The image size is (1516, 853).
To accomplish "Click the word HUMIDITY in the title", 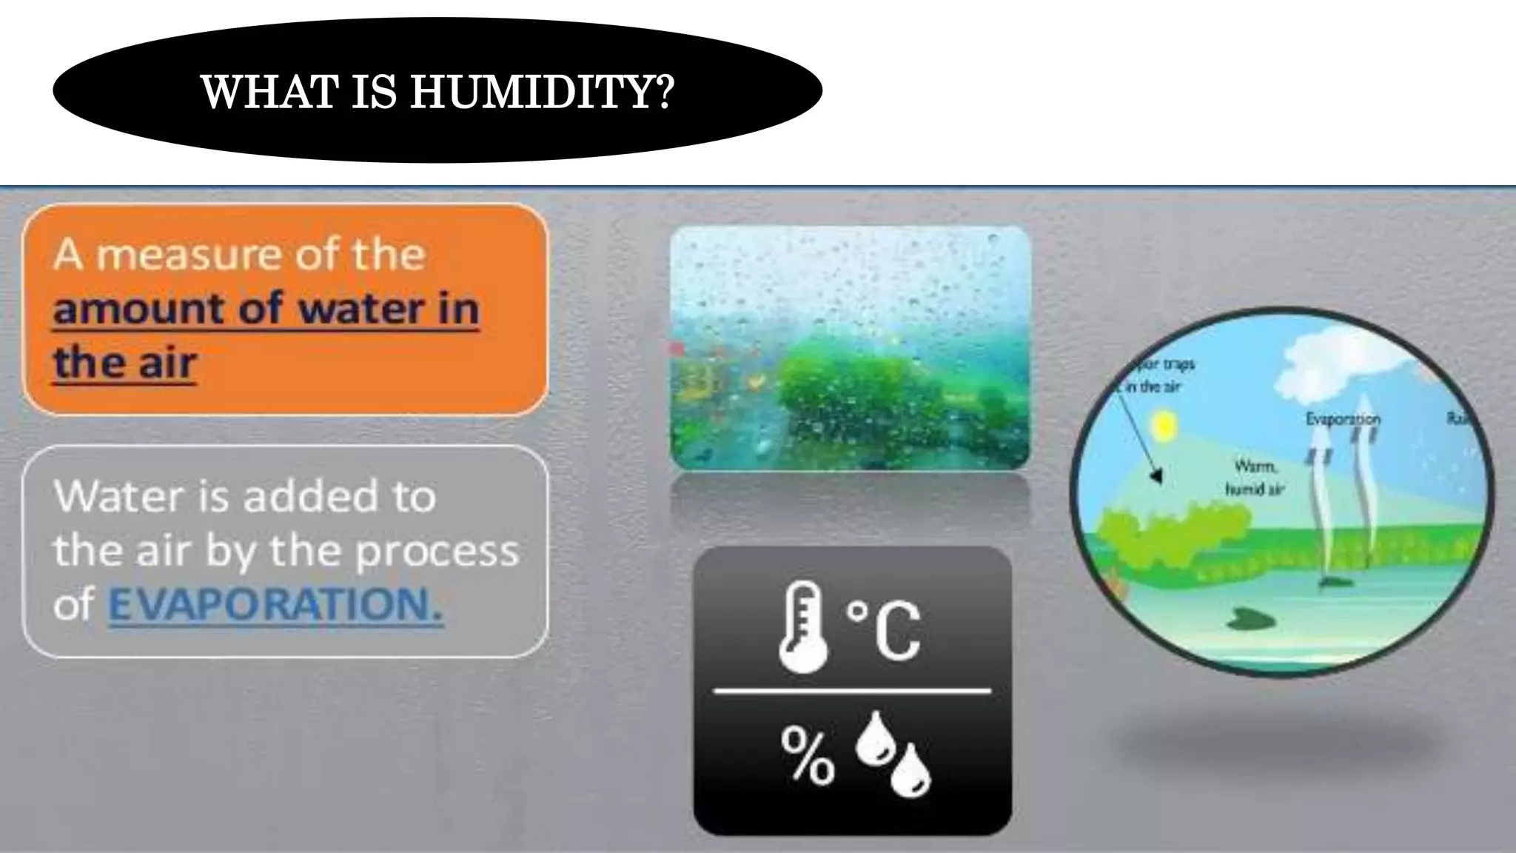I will [541, 92].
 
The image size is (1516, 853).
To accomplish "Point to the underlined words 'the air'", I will [124, 363].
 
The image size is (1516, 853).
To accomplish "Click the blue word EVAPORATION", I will [275, 605].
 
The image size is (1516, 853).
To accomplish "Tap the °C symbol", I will [885, 629].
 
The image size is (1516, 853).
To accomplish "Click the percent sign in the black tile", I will [807, 755].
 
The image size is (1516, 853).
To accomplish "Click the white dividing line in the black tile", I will [851, 692].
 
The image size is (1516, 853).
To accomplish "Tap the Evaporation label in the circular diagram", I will [1343, 419].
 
